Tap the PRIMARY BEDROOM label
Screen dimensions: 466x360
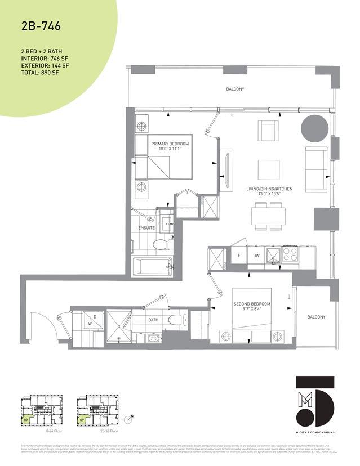click(x=170, y=144)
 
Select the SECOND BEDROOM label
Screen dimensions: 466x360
click(x=252, y=304)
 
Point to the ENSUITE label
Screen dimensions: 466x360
click(x=146, y=228)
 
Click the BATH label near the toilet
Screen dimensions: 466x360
click(x=154, y=319)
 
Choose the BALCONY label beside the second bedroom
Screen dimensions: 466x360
click(x=316, y=317)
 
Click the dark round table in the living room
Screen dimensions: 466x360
click(x=314, y=128)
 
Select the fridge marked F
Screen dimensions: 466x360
click(x=239, y=256)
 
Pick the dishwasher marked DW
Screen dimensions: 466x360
click(x=256, y=256)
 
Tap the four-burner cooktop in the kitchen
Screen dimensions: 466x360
click(x=290, y=256)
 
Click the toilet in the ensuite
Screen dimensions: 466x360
click(x=161, y=244)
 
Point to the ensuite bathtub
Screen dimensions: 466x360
click(x=152, y=265)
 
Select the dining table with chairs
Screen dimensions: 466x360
click(x=269, y=216)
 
